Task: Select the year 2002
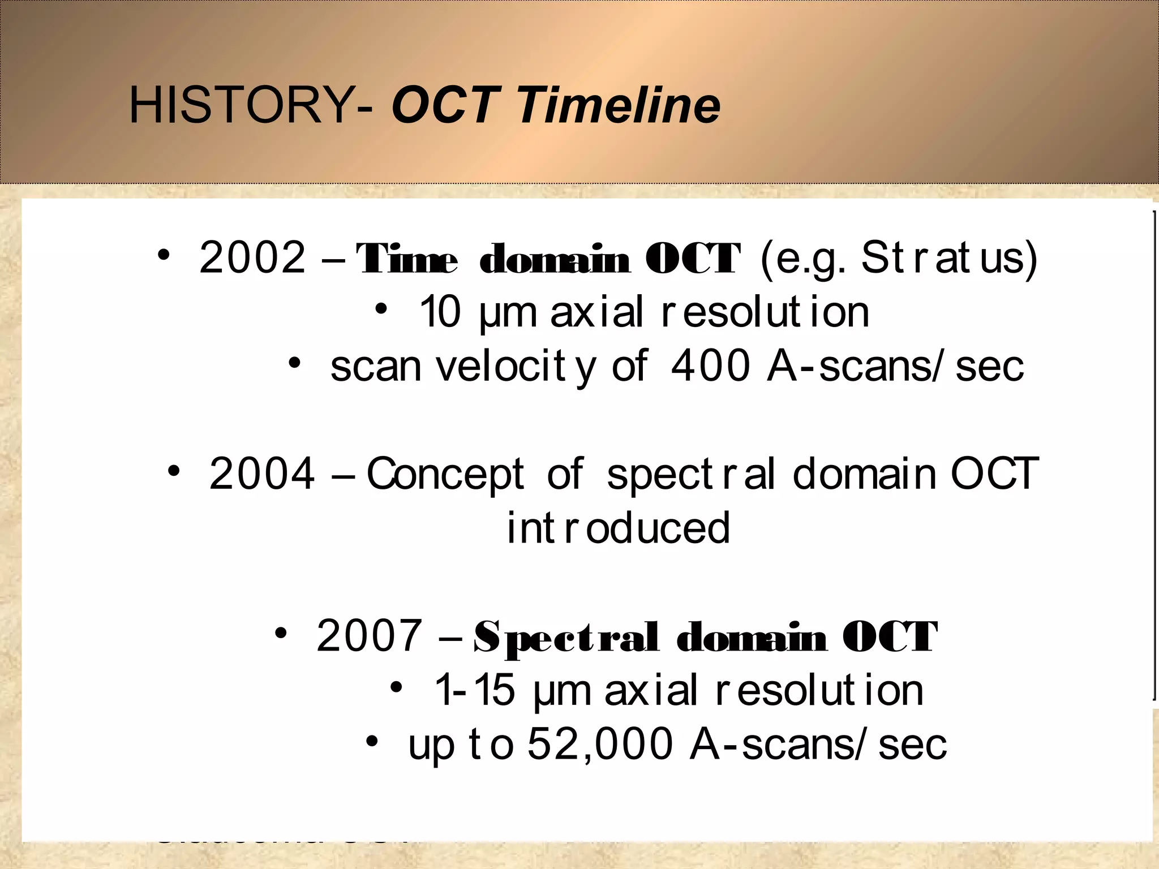[x=252, y=257]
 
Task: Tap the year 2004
[x=261, y=474]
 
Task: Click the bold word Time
[x=406, y=259]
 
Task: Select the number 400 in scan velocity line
[x=711, y=366]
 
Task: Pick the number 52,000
[x=600, y=744]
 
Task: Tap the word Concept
[x=445, y=474]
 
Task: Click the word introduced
[x=618, y=528]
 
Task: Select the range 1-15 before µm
[x=474, y=690]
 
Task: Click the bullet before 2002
[x=164, y=255]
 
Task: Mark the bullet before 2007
[x=281, y=633]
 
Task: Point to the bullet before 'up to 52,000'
[x=371, y=741]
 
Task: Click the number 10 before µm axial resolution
[x=440, y=312]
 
